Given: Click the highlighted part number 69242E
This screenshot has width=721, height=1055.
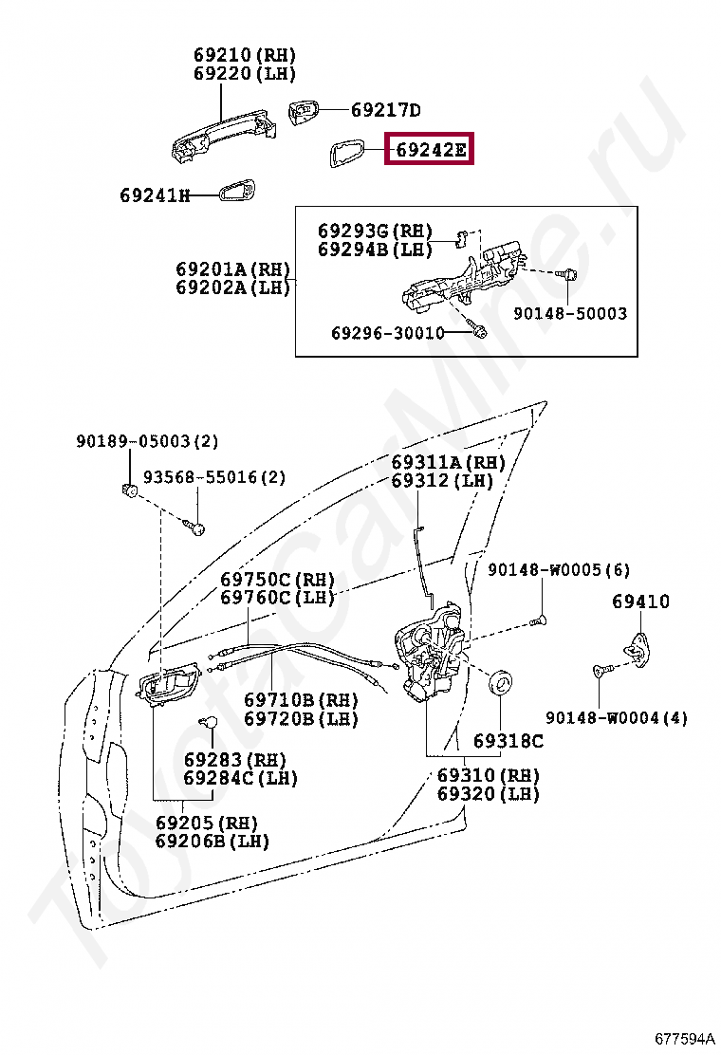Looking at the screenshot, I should coord(431,150).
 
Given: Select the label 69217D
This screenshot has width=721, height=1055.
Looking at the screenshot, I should coord(385,110).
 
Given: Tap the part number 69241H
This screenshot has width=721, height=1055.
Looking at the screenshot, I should coord(154,195).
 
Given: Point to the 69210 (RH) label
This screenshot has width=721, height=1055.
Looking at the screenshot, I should coord(245,55).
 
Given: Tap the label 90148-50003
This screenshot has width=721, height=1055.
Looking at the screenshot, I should coord(570,313).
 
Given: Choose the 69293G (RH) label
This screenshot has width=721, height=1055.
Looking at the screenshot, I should coord(375,231).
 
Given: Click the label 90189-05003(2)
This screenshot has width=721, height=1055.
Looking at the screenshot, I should coord(147,441).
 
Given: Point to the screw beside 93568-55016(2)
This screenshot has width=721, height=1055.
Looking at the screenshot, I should coord(197,525).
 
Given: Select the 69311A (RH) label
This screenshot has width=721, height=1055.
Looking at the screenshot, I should coord(449,462).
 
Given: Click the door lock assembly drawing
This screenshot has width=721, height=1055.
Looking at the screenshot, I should coord(433,656).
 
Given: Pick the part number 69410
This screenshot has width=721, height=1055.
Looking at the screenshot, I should coord(640,602).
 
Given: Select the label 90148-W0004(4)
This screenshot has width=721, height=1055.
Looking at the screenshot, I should coord(617,717).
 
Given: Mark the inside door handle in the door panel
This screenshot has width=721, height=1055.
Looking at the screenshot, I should coord(165,683).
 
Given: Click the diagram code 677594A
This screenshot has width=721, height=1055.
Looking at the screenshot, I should coord(683,1035).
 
